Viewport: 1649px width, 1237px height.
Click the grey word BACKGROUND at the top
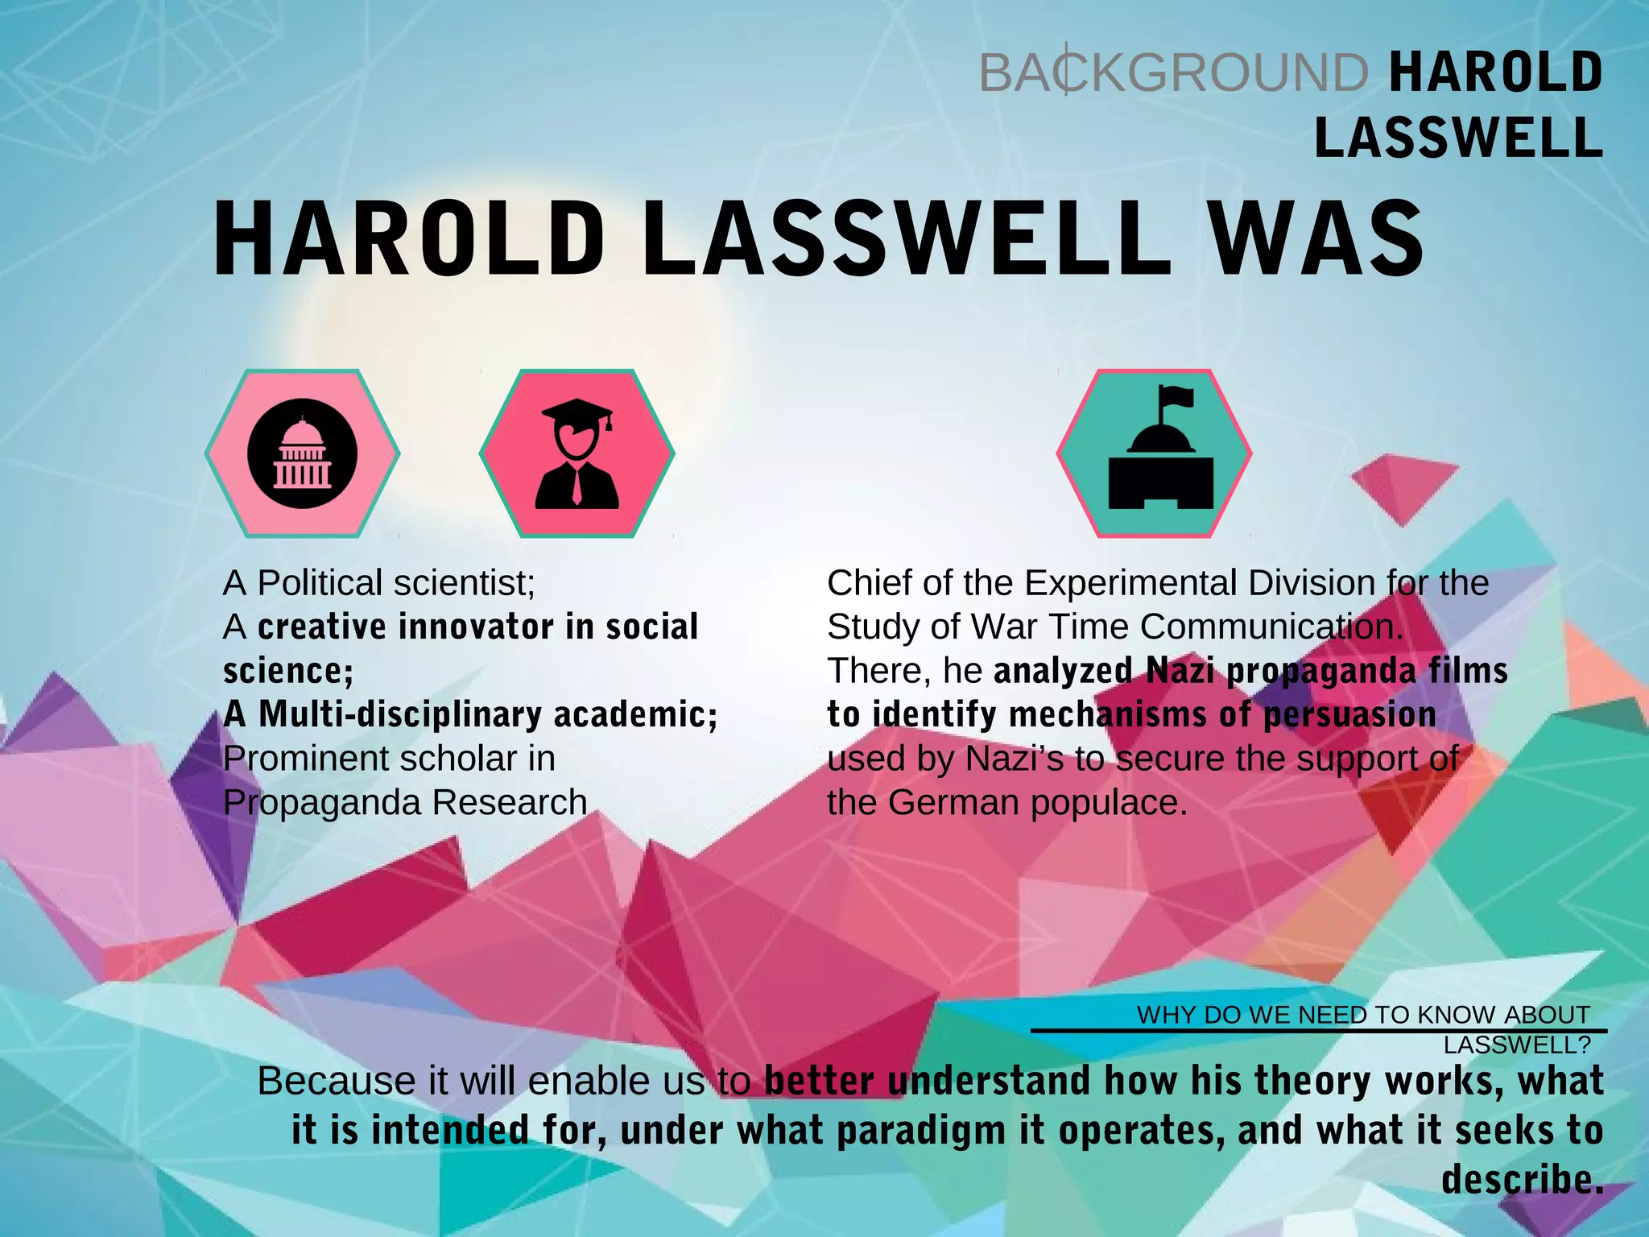click(x=1172, y=72)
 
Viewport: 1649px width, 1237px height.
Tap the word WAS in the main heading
click(x=1317, y=240)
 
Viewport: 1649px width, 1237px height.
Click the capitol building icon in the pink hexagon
click(x=302, y=453)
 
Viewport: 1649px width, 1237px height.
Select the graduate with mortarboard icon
click(x=577, y=453)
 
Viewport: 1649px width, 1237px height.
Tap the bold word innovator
click(x=476, y=627)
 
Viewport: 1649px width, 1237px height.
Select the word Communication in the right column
click(x=1271, y=627)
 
